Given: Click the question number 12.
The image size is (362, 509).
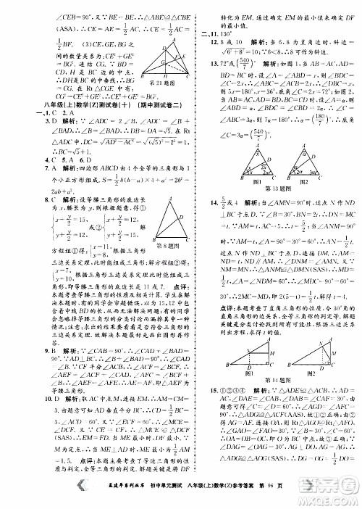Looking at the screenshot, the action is (204, 43).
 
